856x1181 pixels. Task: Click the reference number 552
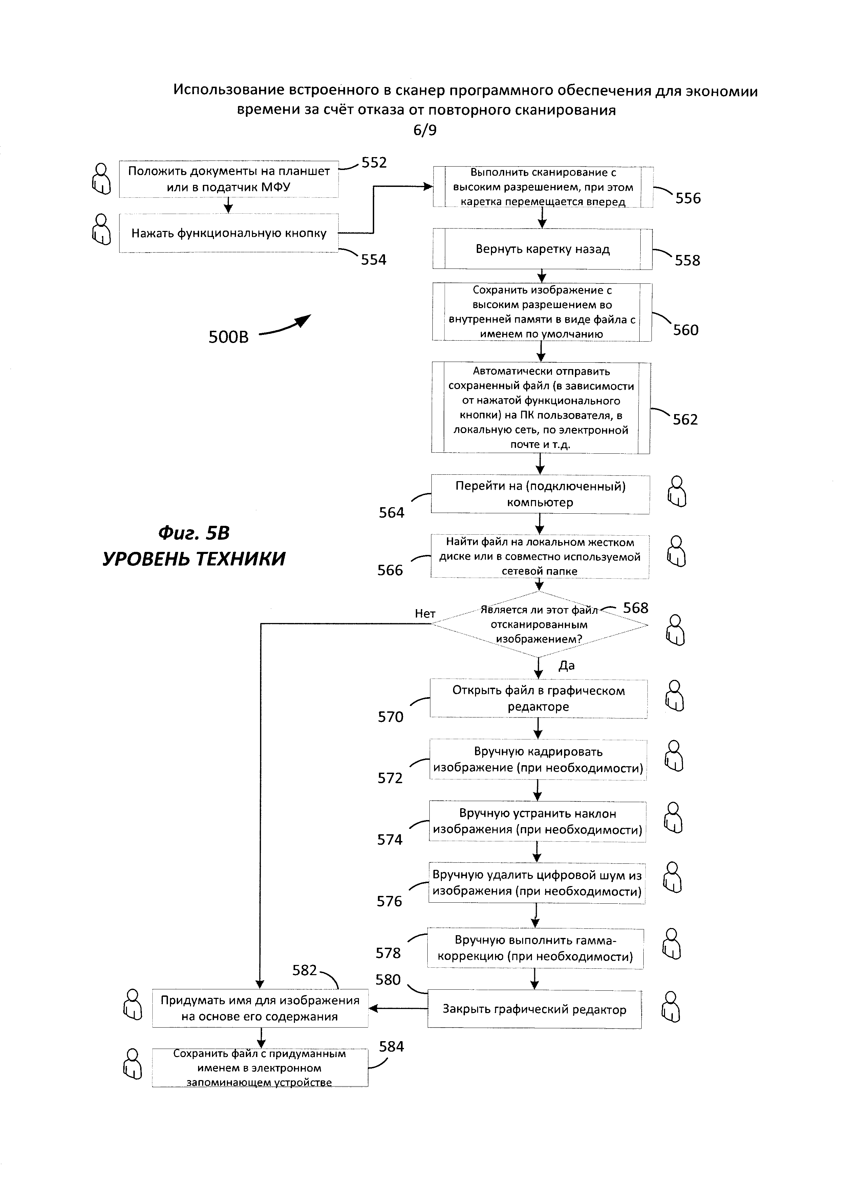[374, 163]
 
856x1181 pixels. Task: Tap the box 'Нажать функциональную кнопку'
[229, 233]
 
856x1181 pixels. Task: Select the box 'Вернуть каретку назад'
[542, 250]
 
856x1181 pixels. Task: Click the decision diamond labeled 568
[539, 624]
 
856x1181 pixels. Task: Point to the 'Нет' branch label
[425, 614]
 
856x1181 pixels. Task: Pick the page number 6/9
[425, 130]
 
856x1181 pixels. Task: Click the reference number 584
[391, 1047]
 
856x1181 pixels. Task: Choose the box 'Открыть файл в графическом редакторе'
[538, 699]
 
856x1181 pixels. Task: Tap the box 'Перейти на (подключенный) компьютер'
[540, 494]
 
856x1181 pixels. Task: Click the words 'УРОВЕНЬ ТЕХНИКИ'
[194, 559]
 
